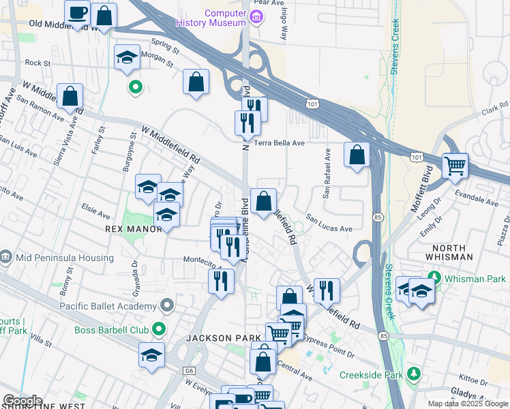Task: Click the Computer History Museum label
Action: [x=225, y=18]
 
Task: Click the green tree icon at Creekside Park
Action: [x=413, y=374]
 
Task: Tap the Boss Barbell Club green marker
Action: [x=160, y=330]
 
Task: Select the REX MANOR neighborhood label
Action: [x=134, y=229]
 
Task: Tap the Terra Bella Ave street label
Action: [x=279, y=143]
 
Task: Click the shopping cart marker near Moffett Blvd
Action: [x=455, y=166]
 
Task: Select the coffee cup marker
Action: [x=78, y=12]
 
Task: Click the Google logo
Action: [x=22, y=401]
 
